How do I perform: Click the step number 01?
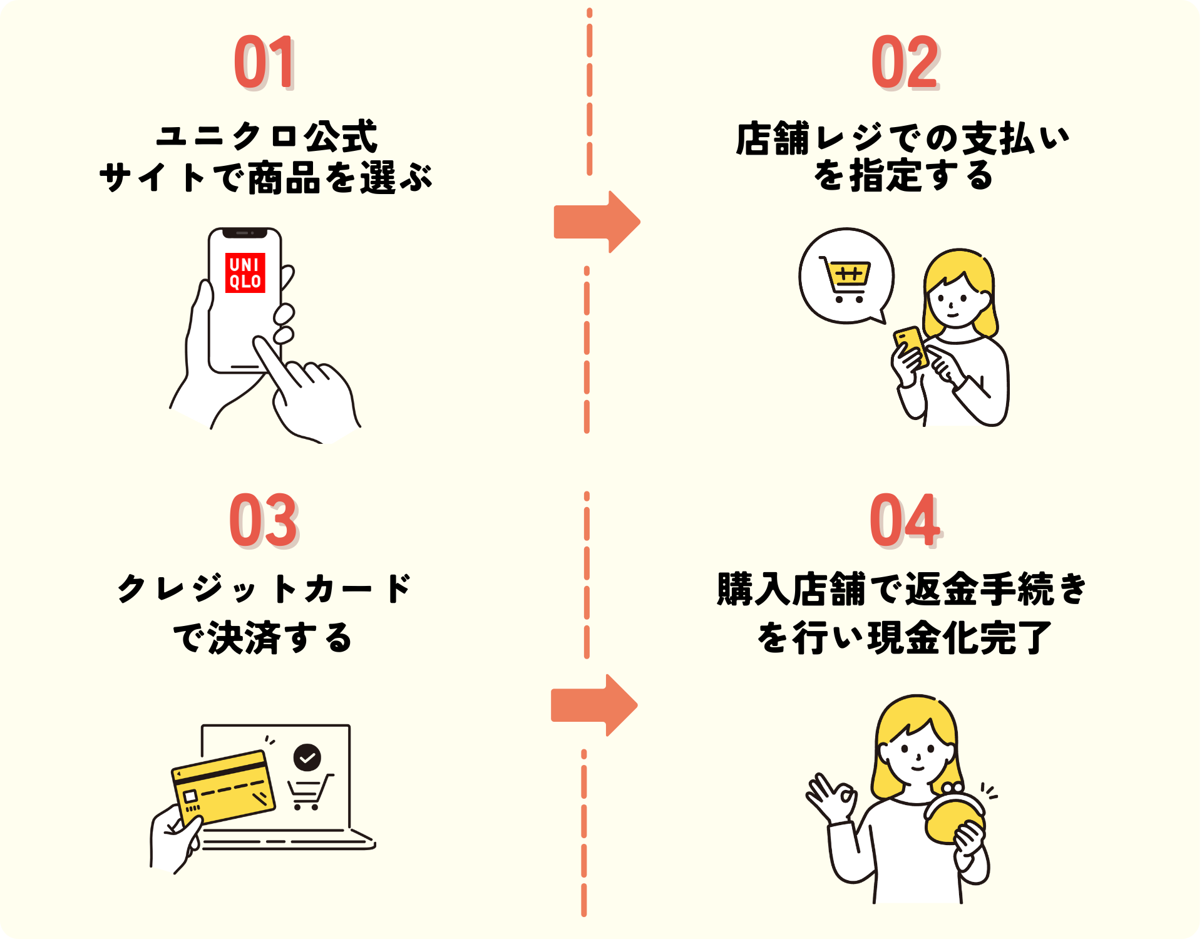[264, 63]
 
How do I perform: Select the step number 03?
[263, 520]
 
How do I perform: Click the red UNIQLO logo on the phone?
[245, 273]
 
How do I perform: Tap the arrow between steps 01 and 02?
[595, 222]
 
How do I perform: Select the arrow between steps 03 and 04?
[593, 706]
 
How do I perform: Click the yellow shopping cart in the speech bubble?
[846, 279]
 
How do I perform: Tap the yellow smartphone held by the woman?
[912, 346]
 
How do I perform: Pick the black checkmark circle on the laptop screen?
[307, 758]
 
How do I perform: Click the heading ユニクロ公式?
[267, 136]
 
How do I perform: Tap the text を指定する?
[903, 175]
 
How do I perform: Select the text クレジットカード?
[264, 588]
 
